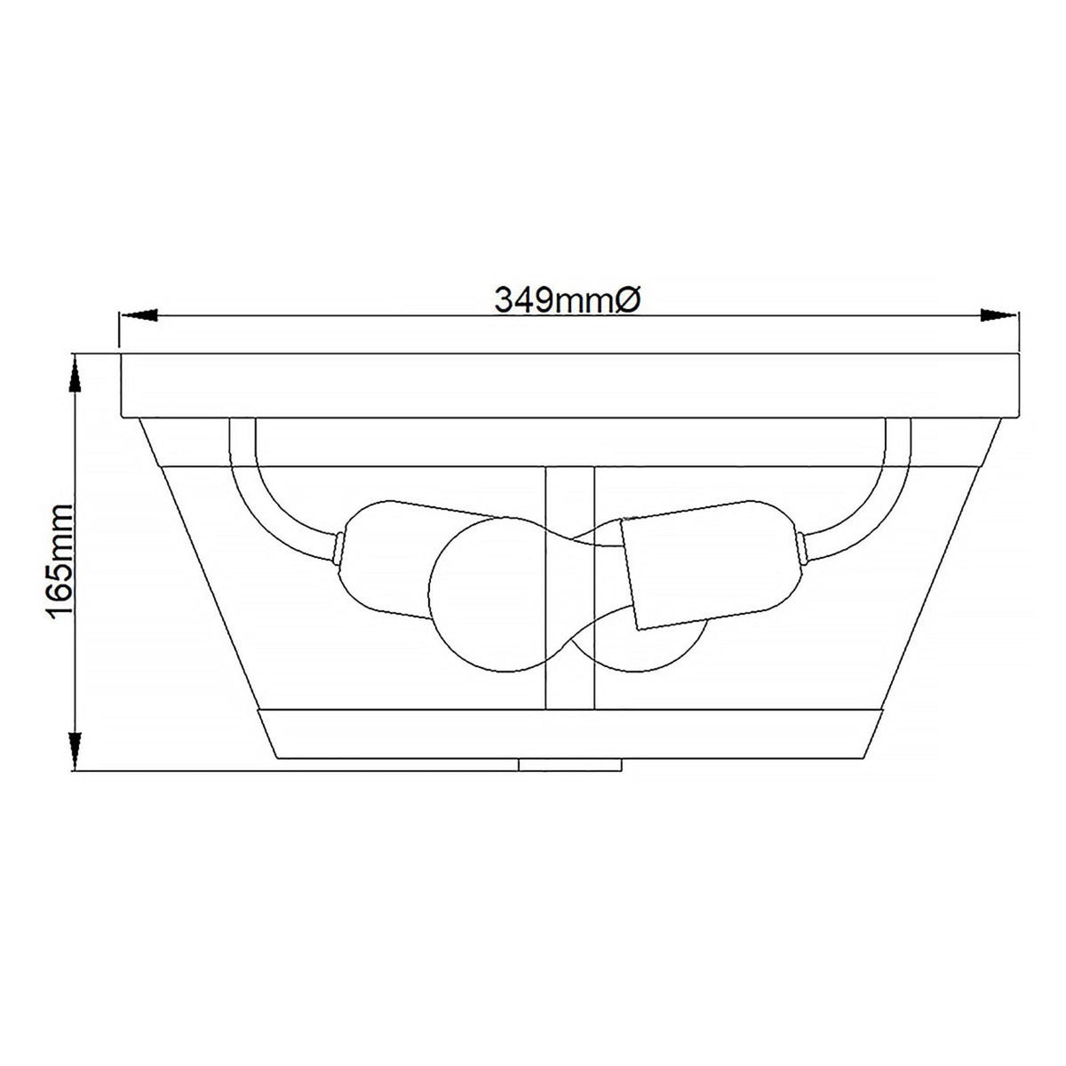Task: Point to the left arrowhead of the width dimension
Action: (139, 315)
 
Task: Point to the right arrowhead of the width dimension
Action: (998, 315)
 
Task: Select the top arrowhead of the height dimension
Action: (76, 373)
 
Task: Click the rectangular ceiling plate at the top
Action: (569, 385)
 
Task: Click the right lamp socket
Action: (711, 569)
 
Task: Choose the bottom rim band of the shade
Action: (569, 733)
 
